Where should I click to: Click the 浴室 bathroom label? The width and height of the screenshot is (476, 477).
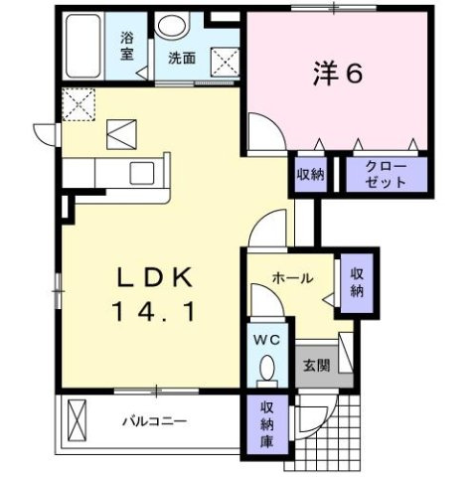point(127,47)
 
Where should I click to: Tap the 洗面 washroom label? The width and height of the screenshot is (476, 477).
point(181,58)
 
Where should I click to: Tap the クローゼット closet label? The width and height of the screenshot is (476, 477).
point(386,174)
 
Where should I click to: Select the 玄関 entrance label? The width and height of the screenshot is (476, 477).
point(315,365)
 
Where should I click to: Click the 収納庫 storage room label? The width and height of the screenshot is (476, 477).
point(267,422)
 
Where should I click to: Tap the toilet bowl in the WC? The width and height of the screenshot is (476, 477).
point(265,371)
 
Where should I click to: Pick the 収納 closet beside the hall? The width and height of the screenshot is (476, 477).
point(356,285)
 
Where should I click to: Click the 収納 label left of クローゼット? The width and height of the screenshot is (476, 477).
point(309,174)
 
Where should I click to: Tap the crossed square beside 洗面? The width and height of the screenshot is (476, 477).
point(226,59)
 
